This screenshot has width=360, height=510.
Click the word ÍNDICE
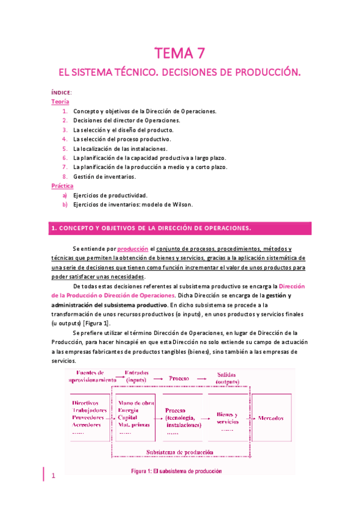[60, 93]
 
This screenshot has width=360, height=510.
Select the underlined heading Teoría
[59, 102]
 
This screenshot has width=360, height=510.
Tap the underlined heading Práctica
[62, 186]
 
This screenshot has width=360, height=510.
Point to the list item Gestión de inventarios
[105, 177]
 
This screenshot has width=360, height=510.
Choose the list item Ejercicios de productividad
[110, 195]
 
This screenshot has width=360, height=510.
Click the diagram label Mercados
[273, 417]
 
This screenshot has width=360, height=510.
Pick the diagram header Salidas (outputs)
[226, 377]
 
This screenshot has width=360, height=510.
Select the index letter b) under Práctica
[64, 204]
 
